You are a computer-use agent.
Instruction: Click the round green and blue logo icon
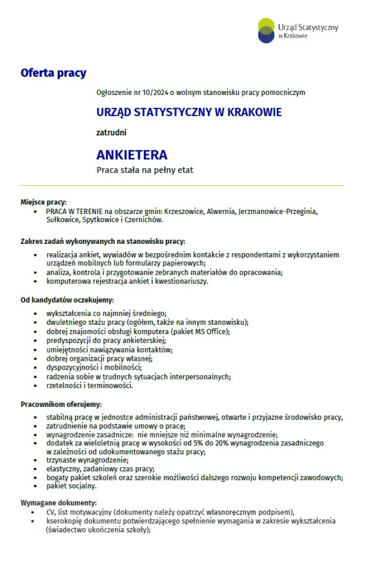266,30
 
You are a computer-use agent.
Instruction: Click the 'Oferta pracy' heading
53,73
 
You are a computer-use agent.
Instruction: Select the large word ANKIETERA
132,155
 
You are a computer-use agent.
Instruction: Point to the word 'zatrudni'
111,133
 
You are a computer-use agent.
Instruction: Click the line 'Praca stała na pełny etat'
145,170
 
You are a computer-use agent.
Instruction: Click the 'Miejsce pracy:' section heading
43,202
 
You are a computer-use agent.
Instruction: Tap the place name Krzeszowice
184,211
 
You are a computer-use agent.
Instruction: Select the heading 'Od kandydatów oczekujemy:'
67,300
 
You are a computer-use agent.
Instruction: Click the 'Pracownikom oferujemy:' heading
61,404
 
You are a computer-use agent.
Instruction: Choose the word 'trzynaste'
61,460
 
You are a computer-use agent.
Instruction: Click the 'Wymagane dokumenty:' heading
58,503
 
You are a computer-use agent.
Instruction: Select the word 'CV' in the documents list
51,512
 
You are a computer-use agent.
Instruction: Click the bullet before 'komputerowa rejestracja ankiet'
34,281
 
